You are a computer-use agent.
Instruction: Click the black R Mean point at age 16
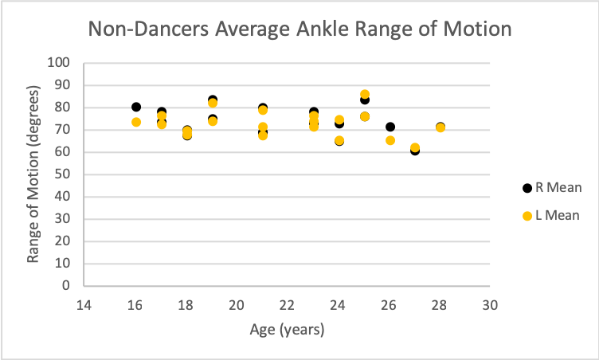click(x=136, y=107)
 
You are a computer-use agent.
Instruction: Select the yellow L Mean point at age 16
click(x=136, y=122)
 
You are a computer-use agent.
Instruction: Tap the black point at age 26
click(x=390, y=127)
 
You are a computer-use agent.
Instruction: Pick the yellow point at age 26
click(x=390, y=140)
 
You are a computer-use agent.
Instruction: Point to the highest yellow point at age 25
click(x=365, y=95)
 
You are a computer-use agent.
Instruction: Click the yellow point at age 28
click(x=440, y=127)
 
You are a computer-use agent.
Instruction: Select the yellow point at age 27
click(x=415, y=147)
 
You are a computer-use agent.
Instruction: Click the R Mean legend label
click(x=560, y=188)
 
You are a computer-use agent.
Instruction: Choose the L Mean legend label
click(x=560, y=215)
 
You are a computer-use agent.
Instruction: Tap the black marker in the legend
click(x=527, y=188)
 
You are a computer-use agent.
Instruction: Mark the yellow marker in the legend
click(x=527, y=215)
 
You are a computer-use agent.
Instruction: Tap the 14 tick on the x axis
click(x=84, y=304)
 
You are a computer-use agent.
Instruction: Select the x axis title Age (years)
click(x=288, y=328)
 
